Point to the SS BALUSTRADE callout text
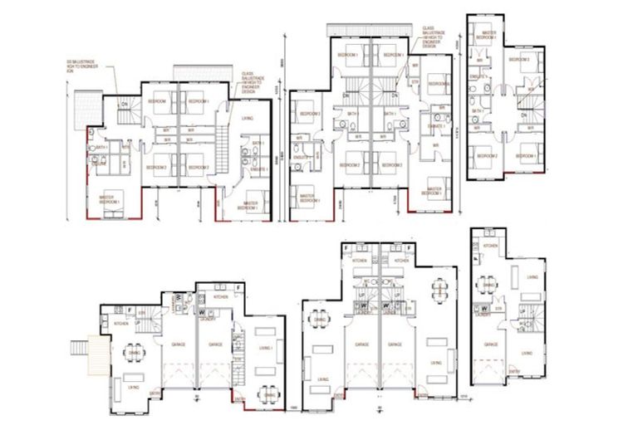click(84, 66)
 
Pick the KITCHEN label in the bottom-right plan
click(491, 247)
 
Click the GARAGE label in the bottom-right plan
click(490, 344)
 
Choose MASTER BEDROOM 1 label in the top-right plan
click(488, 36)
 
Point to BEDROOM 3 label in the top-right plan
click(520, 60)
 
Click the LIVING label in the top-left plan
click(248, 120)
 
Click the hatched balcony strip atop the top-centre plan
click(370, 30)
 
